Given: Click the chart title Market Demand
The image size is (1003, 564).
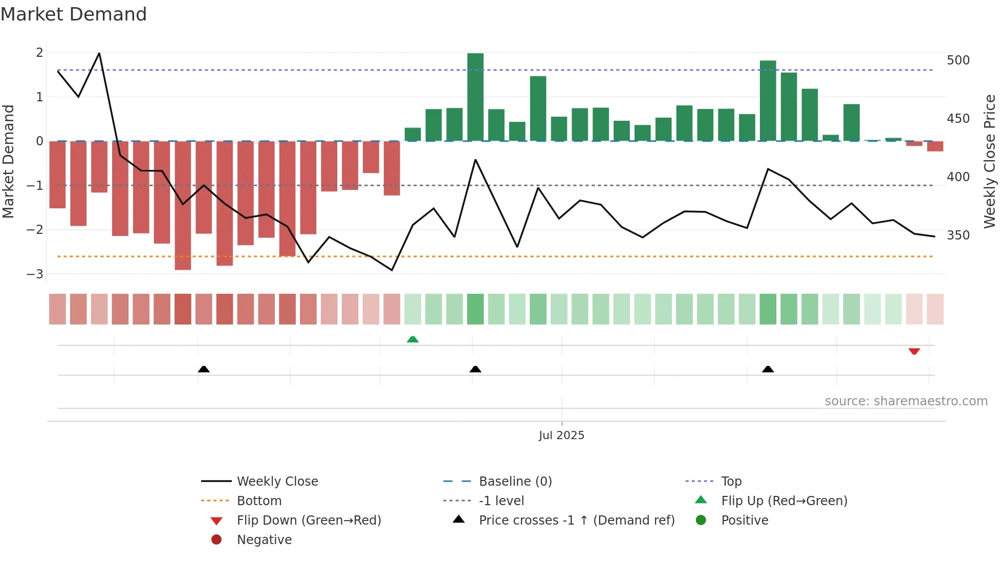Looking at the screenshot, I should (74, 14).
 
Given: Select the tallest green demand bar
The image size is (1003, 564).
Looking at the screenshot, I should (475, 97).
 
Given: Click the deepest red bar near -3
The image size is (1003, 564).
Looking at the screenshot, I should (183, 205).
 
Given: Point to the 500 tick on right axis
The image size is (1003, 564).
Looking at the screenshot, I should (958, 60).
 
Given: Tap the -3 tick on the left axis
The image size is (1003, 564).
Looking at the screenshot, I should (35, 274).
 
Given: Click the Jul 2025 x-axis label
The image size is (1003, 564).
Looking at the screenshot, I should (561, 435).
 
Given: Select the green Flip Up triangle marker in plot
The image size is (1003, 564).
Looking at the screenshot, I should (412, 339).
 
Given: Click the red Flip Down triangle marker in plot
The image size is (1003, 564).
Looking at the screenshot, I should (914, 351).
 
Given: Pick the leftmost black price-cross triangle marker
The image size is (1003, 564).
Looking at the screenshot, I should (204, 369).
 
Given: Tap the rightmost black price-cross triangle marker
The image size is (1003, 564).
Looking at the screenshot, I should (768, 369).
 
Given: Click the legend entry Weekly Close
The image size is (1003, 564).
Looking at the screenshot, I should (277, 481).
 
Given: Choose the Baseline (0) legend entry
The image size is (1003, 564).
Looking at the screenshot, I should (515, 481).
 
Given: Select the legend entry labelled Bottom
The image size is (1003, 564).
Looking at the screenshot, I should (259, 501).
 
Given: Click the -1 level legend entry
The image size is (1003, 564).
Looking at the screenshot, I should (501, 501).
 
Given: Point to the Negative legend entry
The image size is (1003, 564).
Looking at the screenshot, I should (264, 539).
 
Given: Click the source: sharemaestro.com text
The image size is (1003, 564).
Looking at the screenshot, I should (906, 401).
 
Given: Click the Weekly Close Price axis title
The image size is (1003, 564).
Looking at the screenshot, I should (990, 161).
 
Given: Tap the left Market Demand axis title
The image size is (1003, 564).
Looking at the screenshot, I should (8, 161).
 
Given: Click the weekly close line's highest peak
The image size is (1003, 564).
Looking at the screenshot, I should (99, 53).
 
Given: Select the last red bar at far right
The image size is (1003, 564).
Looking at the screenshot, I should (935, 146).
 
